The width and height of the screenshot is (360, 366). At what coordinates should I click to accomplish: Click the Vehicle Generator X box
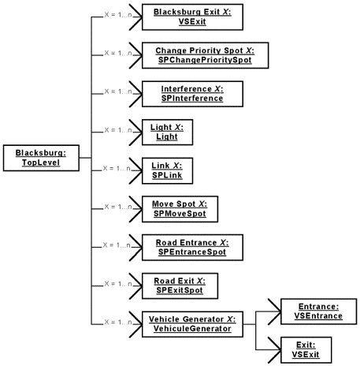(x=191, y=323)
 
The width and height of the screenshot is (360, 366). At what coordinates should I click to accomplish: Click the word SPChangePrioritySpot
(x=200, y=61)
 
